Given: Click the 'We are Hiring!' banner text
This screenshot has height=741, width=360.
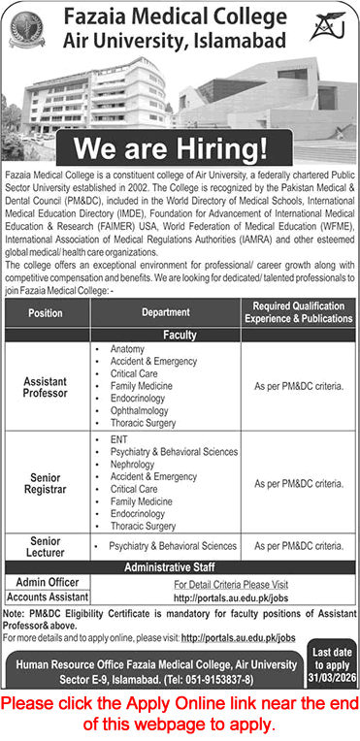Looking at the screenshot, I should pos(180,148).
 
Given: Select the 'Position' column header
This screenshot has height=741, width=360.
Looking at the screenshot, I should pos(46,313).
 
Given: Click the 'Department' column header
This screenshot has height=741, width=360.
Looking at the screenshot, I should pos(165,313).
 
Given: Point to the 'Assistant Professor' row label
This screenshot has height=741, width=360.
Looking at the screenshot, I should pos(46,387).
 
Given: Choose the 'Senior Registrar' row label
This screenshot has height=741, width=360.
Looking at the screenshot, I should pos(46,483).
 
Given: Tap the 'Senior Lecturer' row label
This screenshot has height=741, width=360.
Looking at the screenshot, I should pos(46,546).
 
